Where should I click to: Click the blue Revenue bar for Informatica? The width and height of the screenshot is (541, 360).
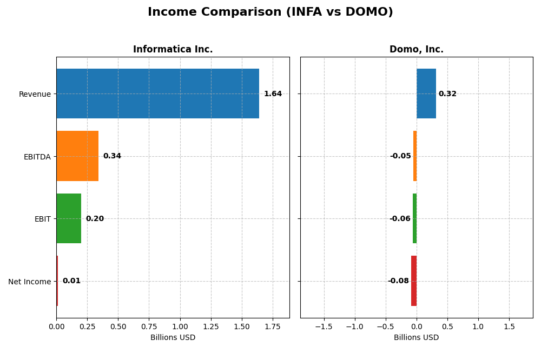tap(157, 94)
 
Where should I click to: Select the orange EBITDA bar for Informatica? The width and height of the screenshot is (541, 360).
tap(77, 156)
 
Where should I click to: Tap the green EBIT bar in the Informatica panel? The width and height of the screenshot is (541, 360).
tap(69, 218)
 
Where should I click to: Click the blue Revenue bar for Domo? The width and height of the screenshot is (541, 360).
tap(426, 94)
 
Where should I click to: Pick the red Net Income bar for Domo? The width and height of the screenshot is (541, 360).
tap(414, 281)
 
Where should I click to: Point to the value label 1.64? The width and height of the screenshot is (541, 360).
tap(273, 94)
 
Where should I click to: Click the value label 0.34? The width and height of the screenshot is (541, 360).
tap(112, 156)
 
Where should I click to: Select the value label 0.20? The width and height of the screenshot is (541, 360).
tap(95, 219)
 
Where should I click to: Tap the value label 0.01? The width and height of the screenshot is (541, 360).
tap(71, 281)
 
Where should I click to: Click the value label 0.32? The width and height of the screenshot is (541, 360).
tap(447, 94)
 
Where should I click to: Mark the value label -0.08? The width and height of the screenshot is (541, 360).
tap(398, 281)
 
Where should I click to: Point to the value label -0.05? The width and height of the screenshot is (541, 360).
tap(400, 156)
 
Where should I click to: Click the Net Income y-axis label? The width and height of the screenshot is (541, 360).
tap(29, 282)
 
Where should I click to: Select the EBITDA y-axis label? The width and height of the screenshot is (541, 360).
tap(37, 157)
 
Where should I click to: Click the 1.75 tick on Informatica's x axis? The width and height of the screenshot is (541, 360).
tap(273, 327)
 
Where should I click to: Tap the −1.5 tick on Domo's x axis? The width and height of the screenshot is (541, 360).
tap(324, 327)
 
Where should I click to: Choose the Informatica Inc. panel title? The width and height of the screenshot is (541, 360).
tap(173, 50)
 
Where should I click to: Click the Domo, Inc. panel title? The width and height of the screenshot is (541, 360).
tap(416, 50)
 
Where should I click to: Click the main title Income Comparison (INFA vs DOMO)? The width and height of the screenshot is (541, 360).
tap(270, 12)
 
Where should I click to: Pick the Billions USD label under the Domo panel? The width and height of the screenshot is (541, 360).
tap(416, 338)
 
